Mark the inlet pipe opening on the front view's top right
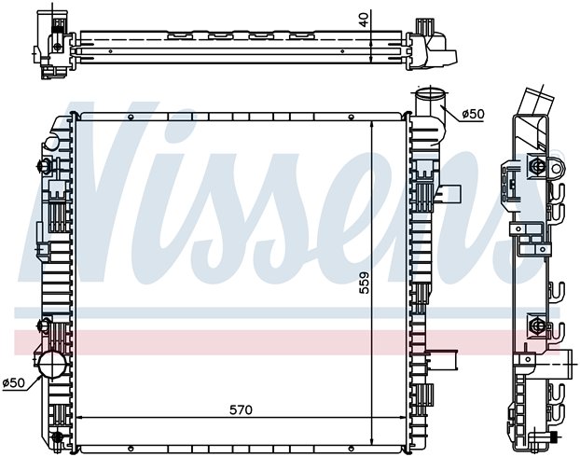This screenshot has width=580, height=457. pyautogui.click(x=428, y=96)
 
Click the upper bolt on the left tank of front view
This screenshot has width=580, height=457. pyautogui.click(x=45, y=168)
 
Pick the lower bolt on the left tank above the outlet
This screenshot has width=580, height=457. pyautogui.click(x=44, y=325)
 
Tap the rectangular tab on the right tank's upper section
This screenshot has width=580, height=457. pyautogui.click(x=453, y=194)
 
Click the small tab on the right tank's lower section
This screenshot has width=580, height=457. pyautogui.click(x=446, y=358)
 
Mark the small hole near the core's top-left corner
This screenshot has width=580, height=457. pyautogui.click(x=130, y=118)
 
